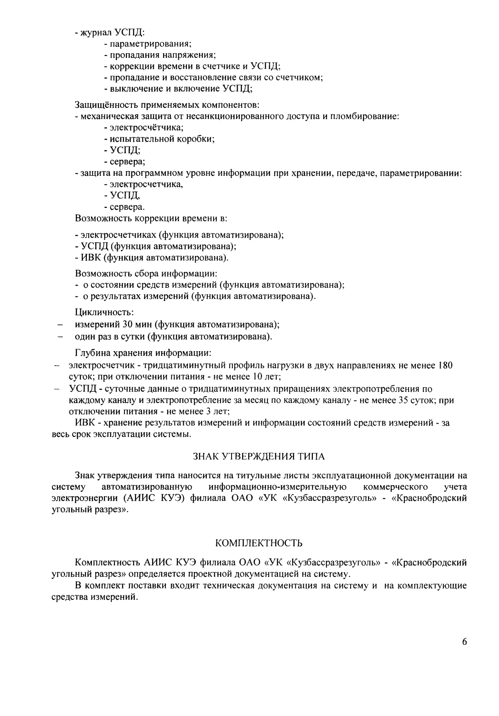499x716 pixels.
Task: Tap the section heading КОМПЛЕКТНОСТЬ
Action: point(259,543)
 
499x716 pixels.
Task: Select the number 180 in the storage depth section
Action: point(445,366)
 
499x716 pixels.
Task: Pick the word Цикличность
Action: point(98,313)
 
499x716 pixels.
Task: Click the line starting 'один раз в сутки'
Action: point(173,336)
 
